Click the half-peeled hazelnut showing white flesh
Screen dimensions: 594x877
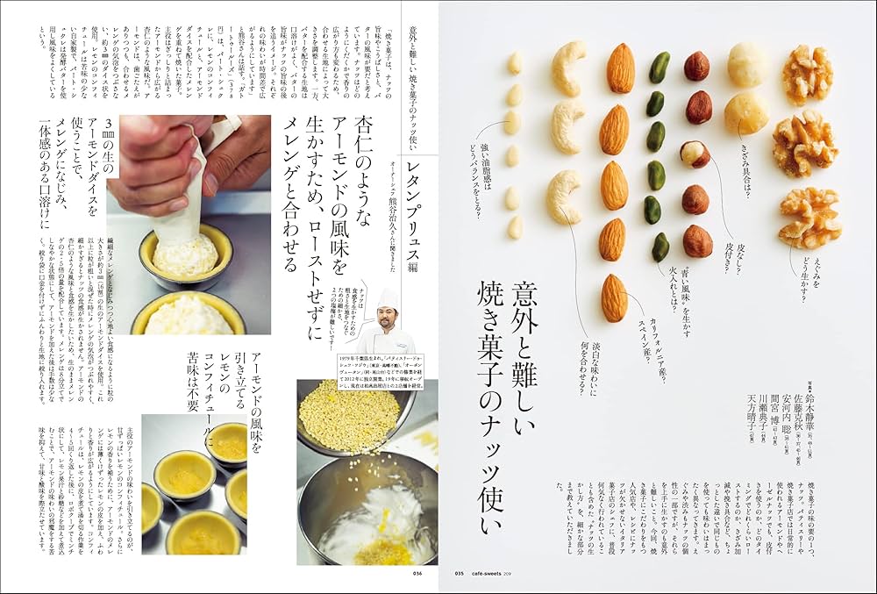pos(695,154)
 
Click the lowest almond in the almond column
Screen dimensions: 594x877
pos(614,298)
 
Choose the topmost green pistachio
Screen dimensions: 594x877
pos(660,68)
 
